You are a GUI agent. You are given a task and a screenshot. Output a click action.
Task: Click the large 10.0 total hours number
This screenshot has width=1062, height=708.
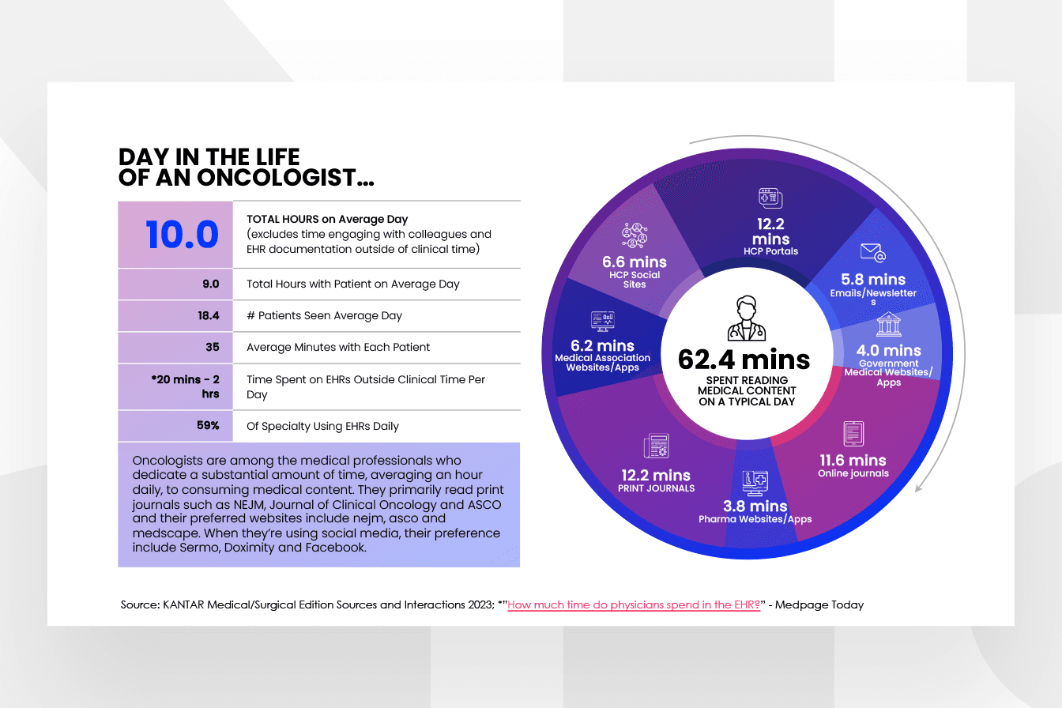[x=182, y=235]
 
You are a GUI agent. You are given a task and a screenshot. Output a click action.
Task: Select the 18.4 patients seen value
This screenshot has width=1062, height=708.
[x=209, y=315]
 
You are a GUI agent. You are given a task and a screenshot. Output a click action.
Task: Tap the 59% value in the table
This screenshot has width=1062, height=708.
[x=209, y=426]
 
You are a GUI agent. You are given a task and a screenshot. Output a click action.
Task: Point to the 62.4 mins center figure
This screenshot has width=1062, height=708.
[x=744, y=360]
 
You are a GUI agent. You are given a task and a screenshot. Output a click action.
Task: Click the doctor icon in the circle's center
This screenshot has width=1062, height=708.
[x=744, y=318]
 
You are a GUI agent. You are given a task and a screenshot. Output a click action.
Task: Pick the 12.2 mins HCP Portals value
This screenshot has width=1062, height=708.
[x=770, y=232]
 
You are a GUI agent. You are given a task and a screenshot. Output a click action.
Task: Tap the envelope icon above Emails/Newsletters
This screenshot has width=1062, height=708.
[x=872, y=252]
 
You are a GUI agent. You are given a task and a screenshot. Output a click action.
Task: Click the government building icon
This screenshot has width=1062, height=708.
[x=889, y=324]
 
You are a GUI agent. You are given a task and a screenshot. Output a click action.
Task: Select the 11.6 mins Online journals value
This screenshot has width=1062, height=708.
[x=853, y=460]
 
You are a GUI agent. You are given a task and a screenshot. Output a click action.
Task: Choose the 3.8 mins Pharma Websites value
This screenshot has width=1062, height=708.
[x=755, y=506]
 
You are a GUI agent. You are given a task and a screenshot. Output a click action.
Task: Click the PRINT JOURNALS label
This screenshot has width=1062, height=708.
[x=657, y=488]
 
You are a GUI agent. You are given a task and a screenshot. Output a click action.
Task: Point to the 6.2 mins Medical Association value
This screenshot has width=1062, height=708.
[x=603, y=345]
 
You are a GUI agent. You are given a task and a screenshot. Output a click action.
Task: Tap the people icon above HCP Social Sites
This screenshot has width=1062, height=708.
[x=635, y=235]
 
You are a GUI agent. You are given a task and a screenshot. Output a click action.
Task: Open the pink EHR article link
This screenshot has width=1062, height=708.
[x=634, y=605]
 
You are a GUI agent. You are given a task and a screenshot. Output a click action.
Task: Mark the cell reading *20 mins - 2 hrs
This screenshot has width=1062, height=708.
[x=186, y=386]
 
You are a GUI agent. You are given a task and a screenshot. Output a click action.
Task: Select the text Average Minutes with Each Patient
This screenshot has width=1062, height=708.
[x=338, y=347]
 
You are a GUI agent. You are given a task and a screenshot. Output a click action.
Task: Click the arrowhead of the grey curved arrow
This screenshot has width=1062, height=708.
[x=918, y=488]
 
